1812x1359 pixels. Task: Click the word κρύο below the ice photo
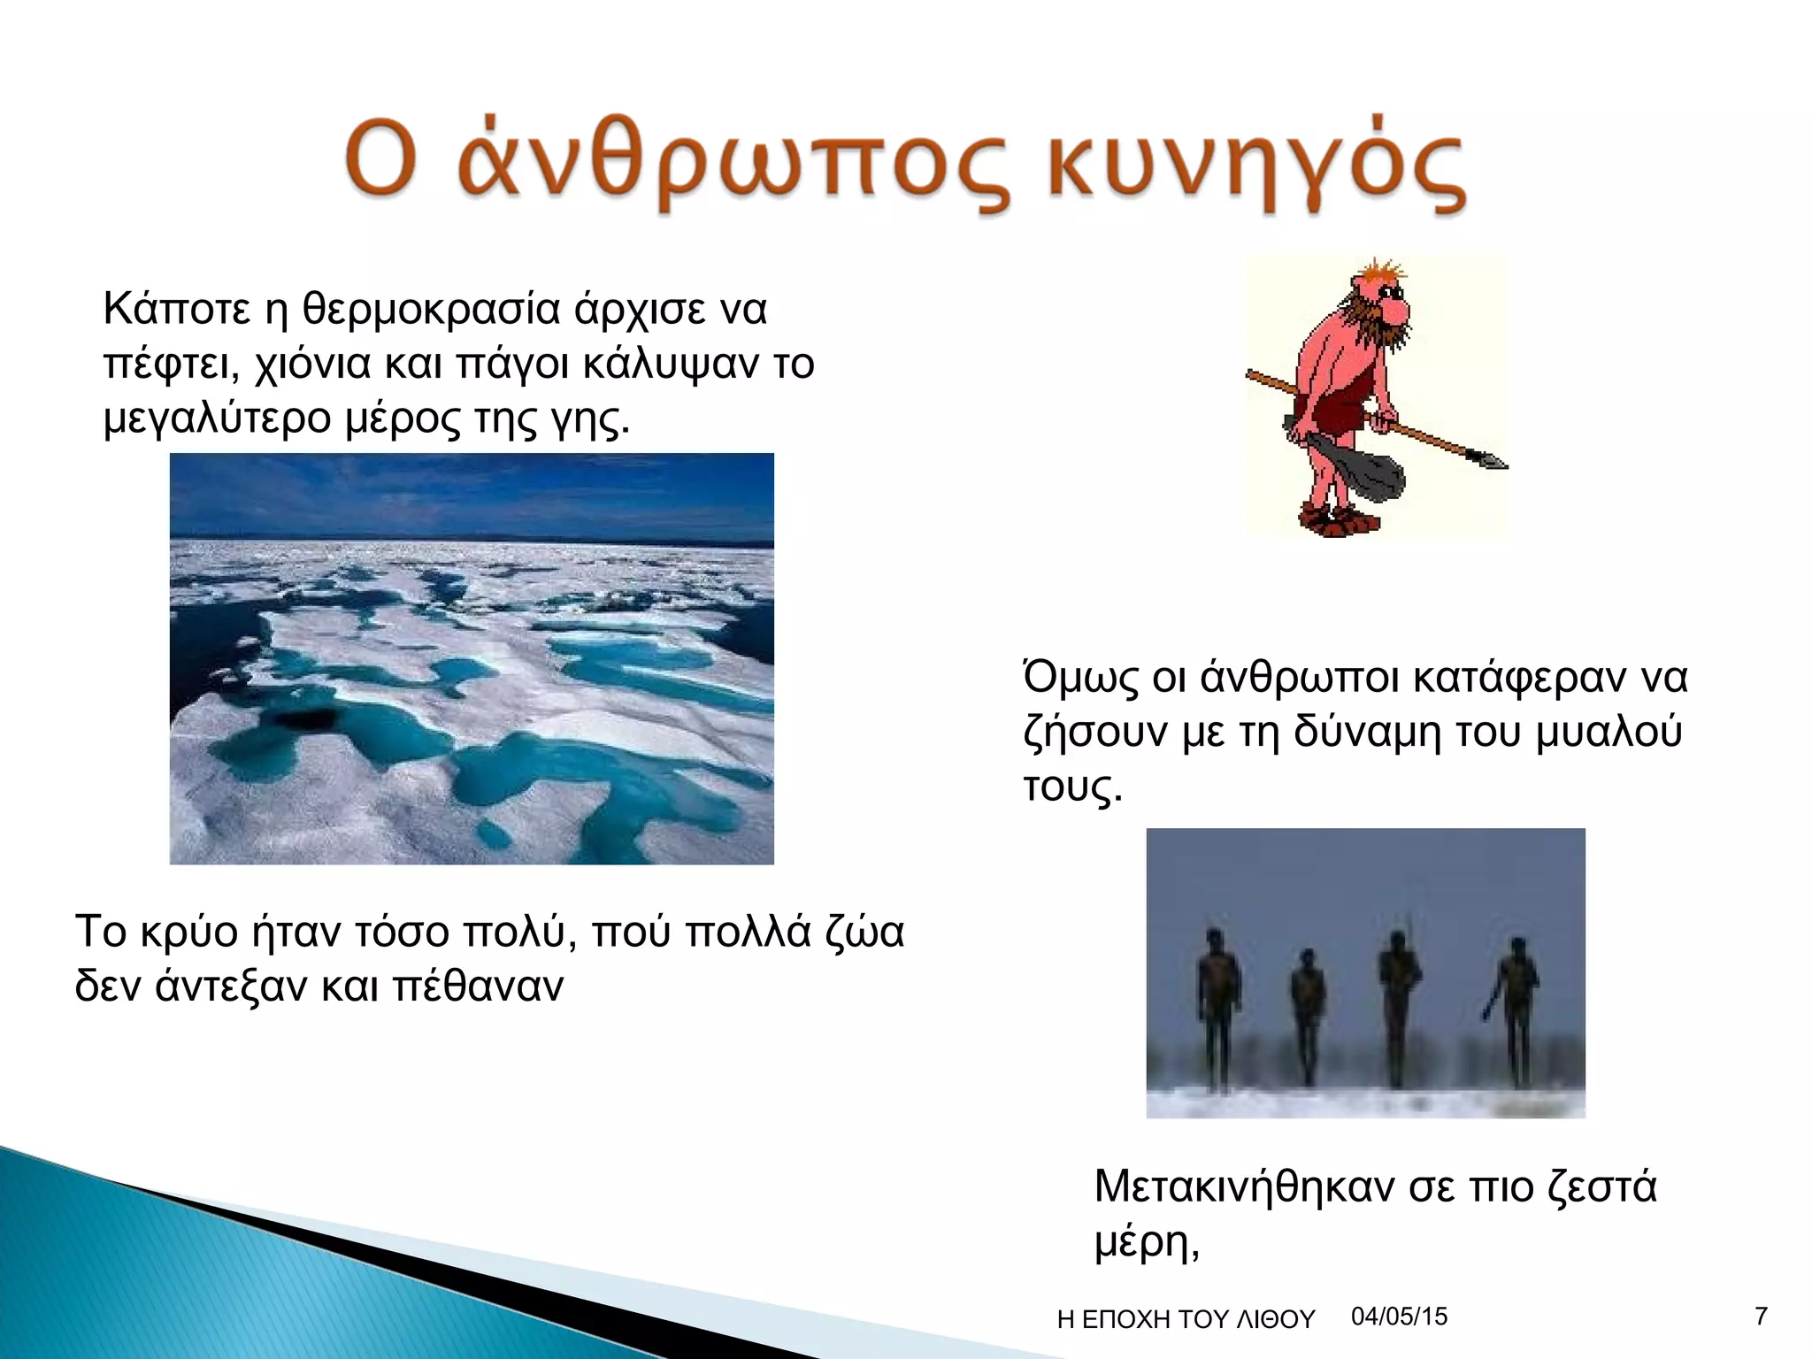[189, 932]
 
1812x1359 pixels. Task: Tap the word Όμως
[1080, 678]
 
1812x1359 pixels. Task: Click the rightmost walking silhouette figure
[1516, 1009]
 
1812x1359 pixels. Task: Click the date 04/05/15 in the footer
[1399, 1317]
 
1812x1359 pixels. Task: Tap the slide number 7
[1761, 1317]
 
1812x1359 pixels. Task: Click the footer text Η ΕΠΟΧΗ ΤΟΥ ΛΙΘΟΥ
[1186, 1320]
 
